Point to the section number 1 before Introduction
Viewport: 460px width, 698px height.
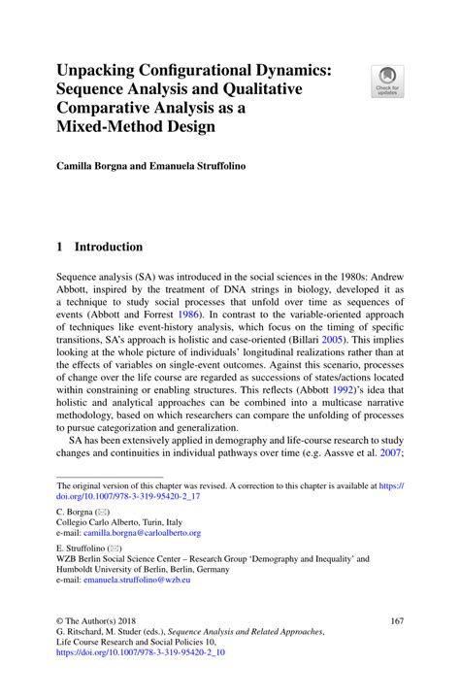pos(60,247)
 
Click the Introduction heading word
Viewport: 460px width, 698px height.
pos(109,247)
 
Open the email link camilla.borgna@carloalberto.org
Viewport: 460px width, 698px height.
pos(142,533)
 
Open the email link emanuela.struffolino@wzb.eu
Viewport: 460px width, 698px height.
pos(137,580)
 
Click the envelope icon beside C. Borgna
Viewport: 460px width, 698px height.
pos(102,511)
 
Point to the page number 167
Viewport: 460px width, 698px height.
pos(395,618)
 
